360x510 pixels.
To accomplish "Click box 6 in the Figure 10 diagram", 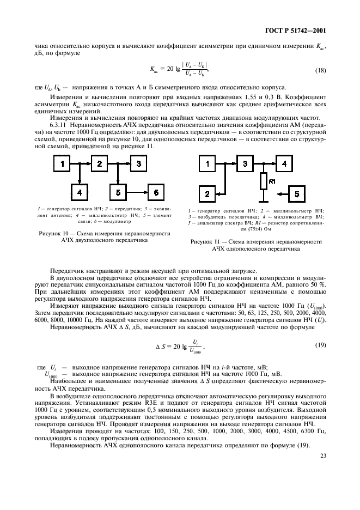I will tap(156, 192).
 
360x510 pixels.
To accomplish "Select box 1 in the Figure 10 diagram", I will tap(62, 163).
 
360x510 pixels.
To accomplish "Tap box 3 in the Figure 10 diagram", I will tap(139, 163).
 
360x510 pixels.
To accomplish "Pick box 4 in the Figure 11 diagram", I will tap(283, 163).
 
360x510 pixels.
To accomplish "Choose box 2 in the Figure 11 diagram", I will tap(207, 193).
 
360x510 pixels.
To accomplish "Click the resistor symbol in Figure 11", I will tap(263, 180).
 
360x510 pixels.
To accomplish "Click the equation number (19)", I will tap(321, 346).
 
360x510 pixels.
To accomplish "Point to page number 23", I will tap(324, 441).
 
